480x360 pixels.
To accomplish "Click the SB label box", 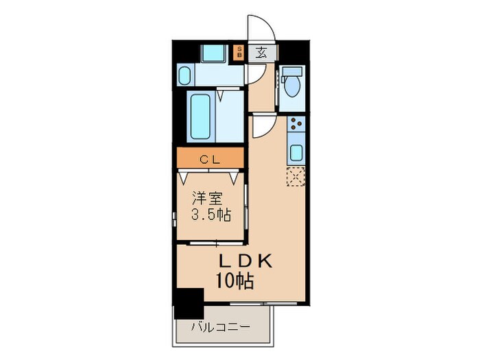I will [239, 51].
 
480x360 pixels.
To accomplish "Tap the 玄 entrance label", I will [262, 52].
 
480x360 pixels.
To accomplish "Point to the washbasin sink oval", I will [185, 73].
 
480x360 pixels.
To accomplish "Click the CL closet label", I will [210, 158].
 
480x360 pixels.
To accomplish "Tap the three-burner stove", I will [297, 125].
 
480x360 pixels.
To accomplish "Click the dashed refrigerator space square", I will [296, 176].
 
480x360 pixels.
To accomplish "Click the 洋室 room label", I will [206, 198].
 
